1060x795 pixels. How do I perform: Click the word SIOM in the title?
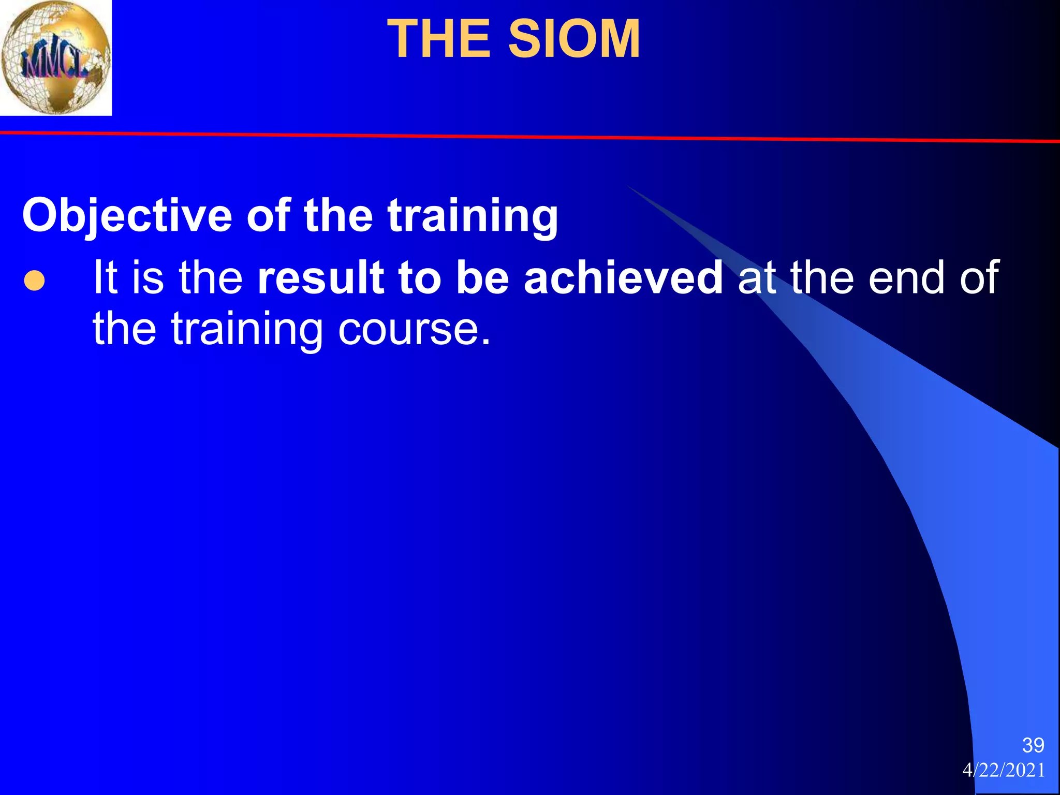(574, 39)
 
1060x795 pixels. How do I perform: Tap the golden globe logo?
(55, 57)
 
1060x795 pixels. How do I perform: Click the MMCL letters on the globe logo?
(52, 64)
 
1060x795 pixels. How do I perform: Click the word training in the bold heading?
(473, 216)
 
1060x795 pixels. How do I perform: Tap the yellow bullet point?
(34, 281)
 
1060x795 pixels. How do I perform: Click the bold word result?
(321, 278)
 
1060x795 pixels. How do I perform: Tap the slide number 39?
(1033, 745)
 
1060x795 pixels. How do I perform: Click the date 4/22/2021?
(1003, 770)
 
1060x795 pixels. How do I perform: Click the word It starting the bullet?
(105, 278)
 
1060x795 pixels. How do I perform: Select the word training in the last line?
(247, 330)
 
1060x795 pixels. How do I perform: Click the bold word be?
(482, 278)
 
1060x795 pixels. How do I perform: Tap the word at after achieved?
(757, 278)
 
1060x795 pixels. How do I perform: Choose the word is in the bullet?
(148, 278)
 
